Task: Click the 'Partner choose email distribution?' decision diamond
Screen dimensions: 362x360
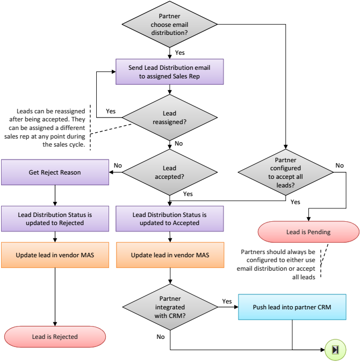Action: click(170, 25)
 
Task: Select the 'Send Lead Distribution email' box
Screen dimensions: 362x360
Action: click(170, 72)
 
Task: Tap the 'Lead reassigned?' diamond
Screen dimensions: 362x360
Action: click(170, 118)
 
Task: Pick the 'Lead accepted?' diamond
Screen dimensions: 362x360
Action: click(170, 172)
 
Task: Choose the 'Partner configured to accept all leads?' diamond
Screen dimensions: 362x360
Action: click(286, 172)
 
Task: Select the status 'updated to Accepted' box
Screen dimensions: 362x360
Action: click(170, 219)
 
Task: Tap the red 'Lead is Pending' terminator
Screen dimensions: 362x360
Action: click(308, 232)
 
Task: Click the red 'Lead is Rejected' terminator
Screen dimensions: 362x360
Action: click(55, 337)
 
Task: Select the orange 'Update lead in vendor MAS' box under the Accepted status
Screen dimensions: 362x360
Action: click(170, 255)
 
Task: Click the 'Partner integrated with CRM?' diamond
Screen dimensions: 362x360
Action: click(170, 307)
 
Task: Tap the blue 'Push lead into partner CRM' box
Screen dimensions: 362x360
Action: click(292, 307)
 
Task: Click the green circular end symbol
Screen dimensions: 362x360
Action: click(335, 350)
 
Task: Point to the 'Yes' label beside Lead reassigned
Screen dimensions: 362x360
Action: click(111, 111)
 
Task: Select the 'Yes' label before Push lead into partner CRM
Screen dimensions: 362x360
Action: click(226, 301)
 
